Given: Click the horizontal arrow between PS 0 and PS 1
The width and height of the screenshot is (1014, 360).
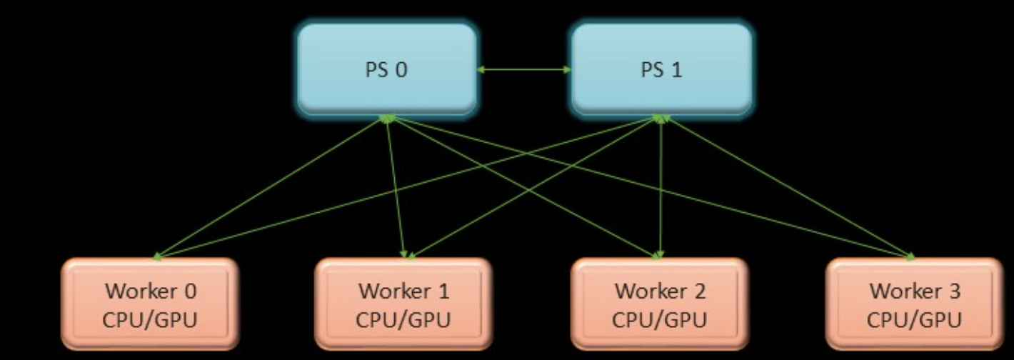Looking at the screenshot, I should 524,69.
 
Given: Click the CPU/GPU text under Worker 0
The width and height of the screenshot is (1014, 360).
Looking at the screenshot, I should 150,319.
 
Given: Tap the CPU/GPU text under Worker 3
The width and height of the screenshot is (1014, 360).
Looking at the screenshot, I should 914,319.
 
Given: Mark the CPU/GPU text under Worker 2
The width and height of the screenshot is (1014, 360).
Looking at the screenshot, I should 660,319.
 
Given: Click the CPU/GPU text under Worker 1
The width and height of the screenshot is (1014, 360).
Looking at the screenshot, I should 404,319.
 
